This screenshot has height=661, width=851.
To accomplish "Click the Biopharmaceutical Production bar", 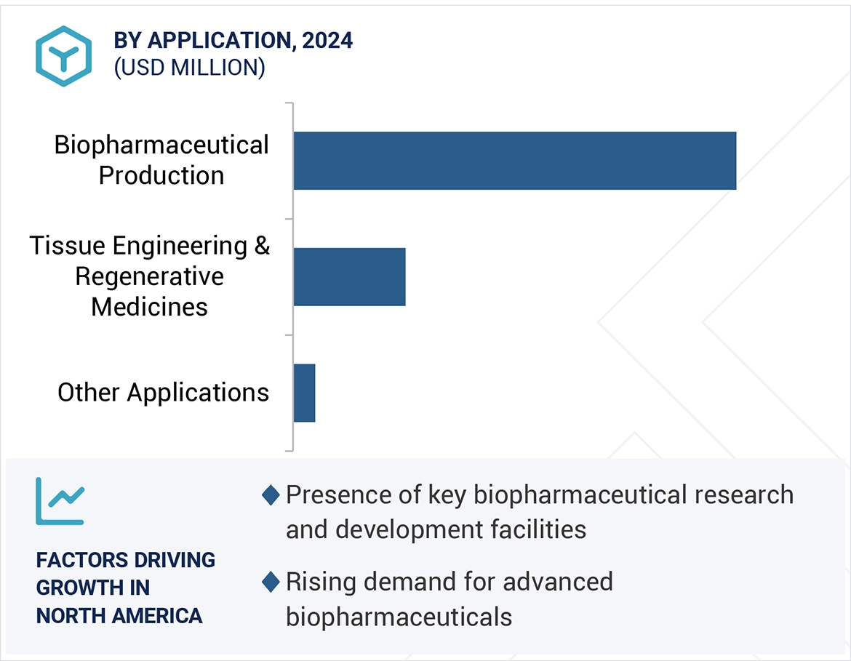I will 514,161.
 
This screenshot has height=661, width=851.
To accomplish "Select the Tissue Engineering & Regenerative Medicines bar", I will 349,276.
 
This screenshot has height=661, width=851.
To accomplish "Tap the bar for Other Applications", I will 304,393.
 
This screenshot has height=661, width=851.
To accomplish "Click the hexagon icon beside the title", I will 64,56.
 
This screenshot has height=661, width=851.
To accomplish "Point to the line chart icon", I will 60,501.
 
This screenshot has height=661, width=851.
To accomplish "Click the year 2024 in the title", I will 327,41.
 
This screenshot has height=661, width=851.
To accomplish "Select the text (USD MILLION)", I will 189,68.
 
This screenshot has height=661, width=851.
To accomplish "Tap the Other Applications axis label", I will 163,393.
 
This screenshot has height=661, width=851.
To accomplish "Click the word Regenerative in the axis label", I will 149,276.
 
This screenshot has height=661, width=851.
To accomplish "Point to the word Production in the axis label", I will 161,175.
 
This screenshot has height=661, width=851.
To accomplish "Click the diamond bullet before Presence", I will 271,495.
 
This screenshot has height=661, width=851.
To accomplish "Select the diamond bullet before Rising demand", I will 271,582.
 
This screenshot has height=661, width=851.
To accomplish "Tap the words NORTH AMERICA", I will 119,616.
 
